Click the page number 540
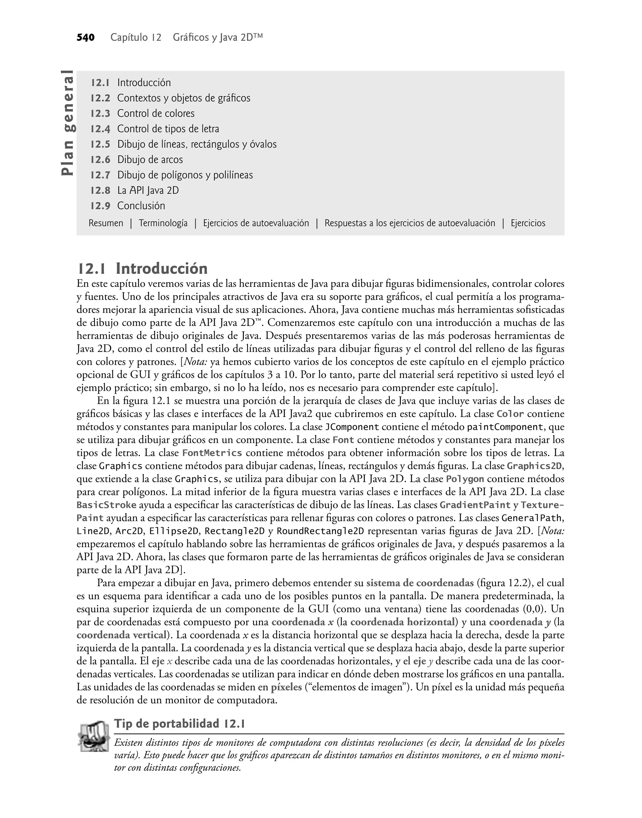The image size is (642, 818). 85,38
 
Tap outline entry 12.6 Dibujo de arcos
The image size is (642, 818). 136,159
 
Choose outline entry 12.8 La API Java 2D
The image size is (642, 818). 134,190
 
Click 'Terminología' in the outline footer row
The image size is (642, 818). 163,223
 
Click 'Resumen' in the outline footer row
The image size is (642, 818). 106,223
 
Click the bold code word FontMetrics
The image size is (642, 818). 212,453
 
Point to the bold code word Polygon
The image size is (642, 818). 465,479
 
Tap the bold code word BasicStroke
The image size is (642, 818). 106,505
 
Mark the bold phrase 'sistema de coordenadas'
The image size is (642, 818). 419,583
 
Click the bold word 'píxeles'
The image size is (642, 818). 287,687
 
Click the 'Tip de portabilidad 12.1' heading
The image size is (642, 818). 180,724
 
